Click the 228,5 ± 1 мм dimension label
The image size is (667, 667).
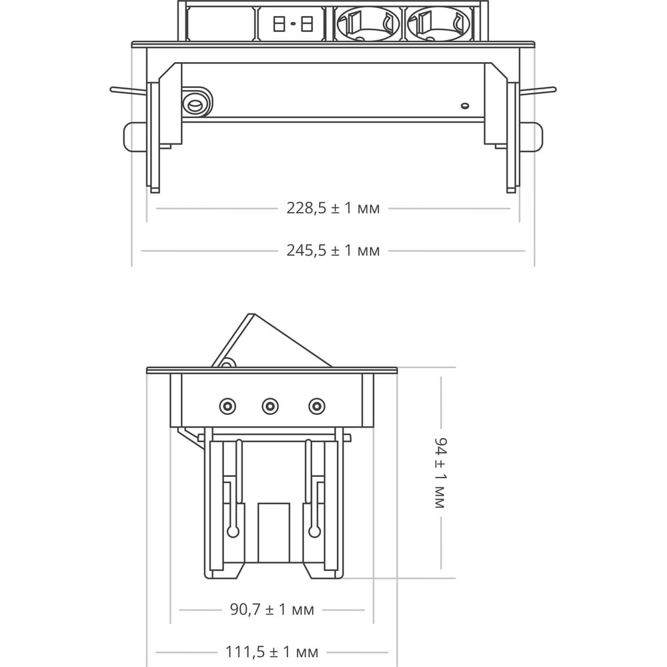[x=333, y=208]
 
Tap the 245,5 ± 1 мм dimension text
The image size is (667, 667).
[x=333, y=251]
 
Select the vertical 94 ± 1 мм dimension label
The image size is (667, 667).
[x=441, y=473]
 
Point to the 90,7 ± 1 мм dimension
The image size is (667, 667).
[x=272, y=610]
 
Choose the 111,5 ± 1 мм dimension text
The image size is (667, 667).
[x=272, y=652]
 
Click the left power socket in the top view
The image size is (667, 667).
[x=367, y=24]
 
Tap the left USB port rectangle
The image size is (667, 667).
[x=279, y=24]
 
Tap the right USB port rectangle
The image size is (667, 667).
[x=307, y=24]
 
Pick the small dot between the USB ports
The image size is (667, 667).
[x=293, y=24]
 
